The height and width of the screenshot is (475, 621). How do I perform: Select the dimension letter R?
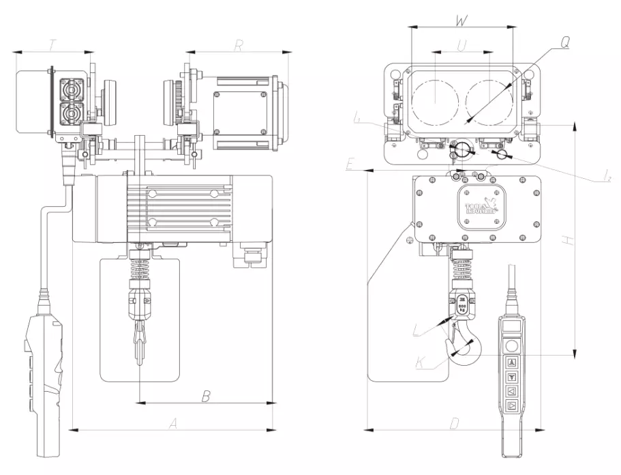[x=239, y=46]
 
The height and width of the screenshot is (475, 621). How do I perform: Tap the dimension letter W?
[x=461, y=20]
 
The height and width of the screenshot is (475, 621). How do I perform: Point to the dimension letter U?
[x=461, y=46]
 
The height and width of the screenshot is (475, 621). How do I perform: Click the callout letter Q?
[x=565, y=42]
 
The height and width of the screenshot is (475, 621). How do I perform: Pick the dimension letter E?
[x=350, y=165]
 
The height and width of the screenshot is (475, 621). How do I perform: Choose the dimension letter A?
[x=173, y=424]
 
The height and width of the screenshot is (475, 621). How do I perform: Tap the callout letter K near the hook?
[x=421, y=362]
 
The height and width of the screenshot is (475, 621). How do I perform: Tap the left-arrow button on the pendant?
[x=512, y=391]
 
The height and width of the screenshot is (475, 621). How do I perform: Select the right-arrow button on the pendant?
[x=512, y=407]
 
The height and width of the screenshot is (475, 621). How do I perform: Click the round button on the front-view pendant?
[x=512, y=346]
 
